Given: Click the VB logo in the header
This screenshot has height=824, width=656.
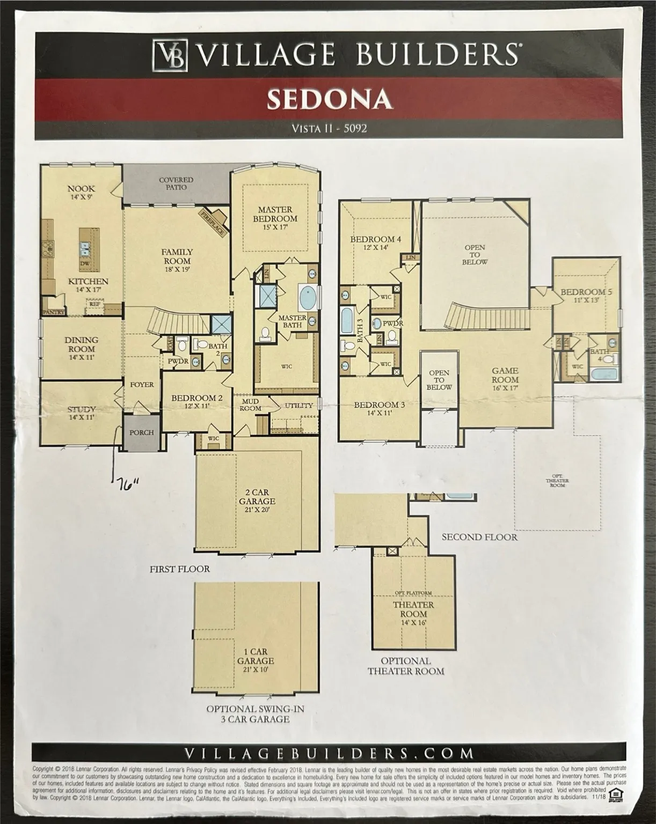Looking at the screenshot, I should [171, 55].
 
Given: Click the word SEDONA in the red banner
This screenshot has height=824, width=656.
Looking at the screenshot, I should [329, 99].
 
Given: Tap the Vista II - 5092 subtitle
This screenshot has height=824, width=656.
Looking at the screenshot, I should [329, 128].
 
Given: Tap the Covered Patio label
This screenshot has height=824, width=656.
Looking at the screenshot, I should [176, 183].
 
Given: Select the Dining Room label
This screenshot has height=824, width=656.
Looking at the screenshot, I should [82, 343].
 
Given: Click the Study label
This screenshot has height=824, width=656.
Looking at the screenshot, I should [82, 413].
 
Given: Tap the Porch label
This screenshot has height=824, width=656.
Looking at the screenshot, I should [142, 432].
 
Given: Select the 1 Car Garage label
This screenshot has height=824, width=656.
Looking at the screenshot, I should [256, 660].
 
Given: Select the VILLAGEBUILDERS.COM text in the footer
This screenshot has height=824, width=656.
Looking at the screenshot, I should [329, 753].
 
